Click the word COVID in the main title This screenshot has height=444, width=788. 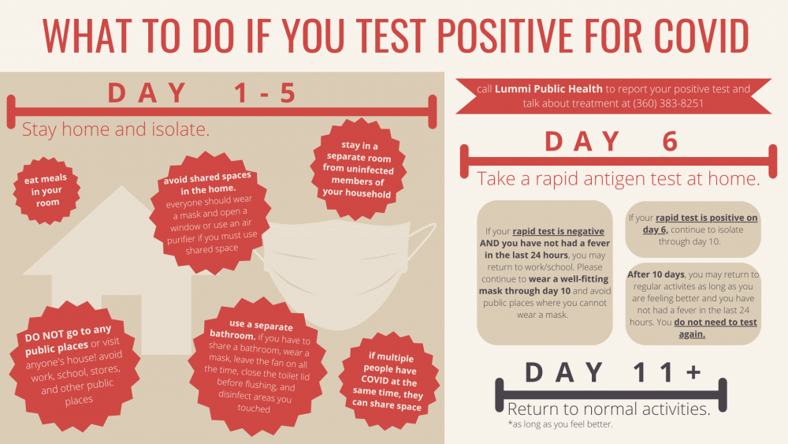tap(701, 36)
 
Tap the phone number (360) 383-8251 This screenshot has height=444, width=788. tap(668, 103)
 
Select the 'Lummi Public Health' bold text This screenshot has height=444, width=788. tap(548, 89)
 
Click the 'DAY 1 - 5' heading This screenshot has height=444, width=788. tap(203, 93)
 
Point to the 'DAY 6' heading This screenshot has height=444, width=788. tap(612, 141)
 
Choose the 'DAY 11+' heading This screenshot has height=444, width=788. tap(613, 372)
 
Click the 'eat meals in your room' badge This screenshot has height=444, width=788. tap(46, 191)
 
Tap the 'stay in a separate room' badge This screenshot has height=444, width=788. tap(358, 170)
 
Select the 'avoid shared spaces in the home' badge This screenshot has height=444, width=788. tap(210, 213)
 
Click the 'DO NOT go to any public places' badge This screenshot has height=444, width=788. tap(74, 366)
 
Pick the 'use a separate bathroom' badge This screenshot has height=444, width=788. tap(258, 366)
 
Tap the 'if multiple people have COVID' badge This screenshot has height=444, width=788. tap(388, 381)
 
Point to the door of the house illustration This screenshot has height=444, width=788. tap(121, 324)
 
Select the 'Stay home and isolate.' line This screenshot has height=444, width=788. tap(116, 129)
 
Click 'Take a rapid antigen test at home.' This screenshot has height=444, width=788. tap(618, 178)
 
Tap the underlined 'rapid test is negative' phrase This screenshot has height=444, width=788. tap(559, 231)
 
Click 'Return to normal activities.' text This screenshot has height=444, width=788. tap(609, 409)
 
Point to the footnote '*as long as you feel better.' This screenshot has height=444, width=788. tap(560, 424)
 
